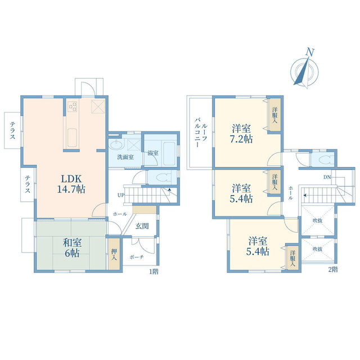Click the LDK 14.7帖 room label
71,184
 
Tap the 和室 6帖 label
72,247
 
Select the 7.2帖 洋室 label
241,134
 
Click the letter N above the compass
310,52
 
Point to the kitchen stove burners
72,106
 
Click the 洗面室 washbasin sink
116,145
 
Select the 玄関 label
142,226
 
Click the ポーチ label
137,257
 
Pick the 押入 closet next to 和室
114,254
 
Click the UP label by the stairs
121,195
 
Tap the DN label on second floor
327,177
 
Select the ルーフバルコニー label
201,133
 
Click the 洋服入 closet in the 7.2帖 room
275,115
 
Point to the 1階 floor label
154,272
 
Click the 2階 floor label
333,269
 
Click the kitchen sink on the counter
72,137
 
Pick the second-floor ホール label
291,193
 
